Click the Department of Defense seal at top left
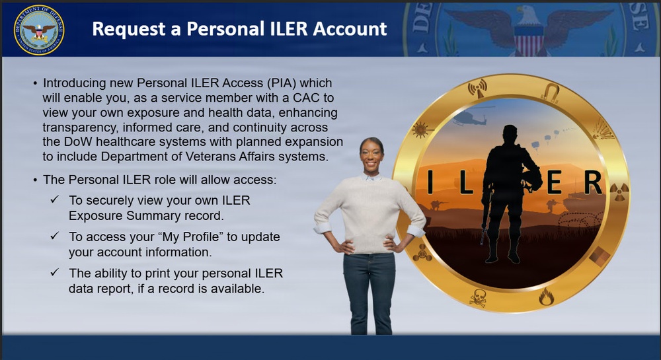coord(39,30)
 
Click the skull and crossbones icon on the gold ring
coord(477,298)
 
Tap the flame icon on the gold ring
coord(546,297)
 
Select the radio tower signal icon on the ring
coord(477,88)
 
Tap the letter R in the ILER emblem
coord(592,183)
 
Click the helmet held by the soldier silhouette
coord(533,178)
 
